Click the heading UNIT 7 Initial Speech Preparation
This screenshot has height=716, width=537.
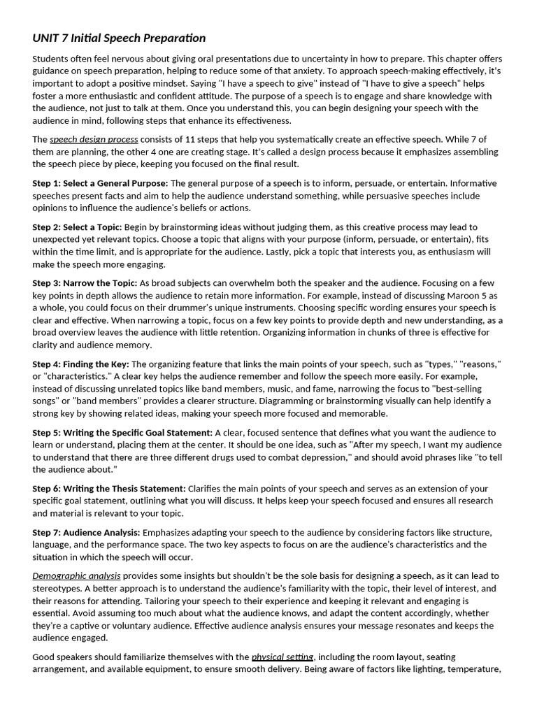click(119, 38)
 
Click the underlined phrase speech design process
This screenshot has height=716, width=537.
click(94, 139)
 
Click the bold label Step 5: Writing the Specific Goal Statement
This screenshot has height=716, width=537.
click(122, 433)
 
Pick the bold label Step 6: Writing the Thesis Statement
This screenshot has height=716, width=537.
click(109, 488)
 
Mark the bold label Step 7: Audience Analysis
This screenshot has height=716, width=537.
click(86, 532)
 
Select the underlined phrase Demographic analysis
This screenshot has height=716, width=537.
click(76, 575)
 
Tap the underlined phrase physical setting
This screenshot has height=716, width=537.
click(282, 657)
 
